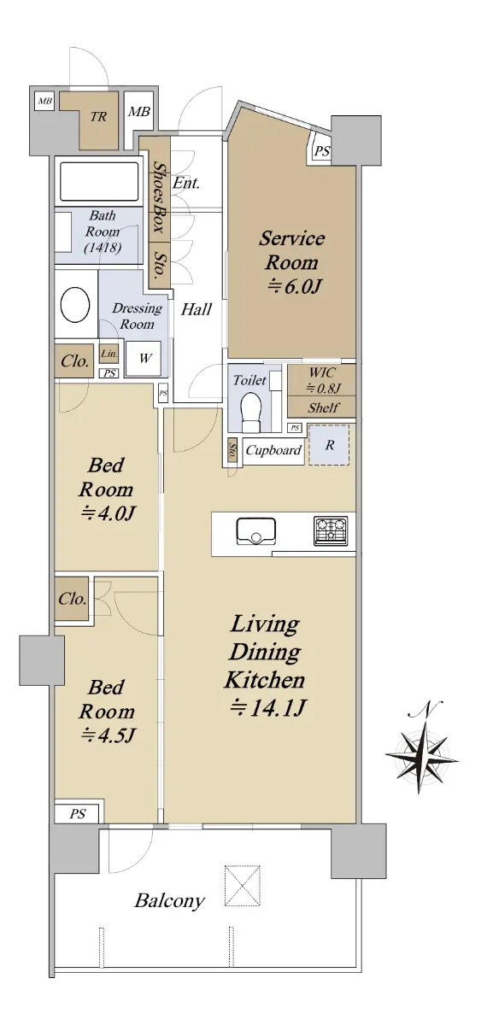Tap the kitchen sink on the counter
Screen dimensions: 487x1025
(255, 531)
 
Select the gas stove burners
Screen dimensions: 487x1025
(331, 530)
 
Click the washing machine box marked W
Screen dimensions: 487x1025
(144, 359)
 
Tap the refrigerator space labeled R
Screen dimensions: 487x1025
(329, 445)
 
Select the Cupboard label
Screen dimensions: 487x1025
(273, 451)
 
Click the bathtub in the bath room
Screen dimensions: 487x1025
(99, 182)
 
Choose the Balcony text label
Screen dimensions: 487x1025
(169, 901)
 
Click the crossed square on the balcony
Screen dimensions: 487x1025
(242, 886)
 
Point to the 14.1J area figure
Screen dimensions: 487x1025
(267, 708)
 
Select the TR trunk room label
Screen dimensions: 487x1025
(98, 117)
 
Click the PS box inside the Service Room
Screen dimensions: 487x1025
(321, 150)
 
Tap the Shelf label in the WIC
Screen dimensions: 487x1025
(323, 407)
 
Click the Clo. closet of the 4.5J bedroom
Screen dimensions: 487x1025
(72, 599)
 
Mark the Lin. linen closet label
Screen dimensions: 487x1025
(109, 354)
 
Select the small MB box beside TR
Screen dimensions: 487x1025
(44, 101)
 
